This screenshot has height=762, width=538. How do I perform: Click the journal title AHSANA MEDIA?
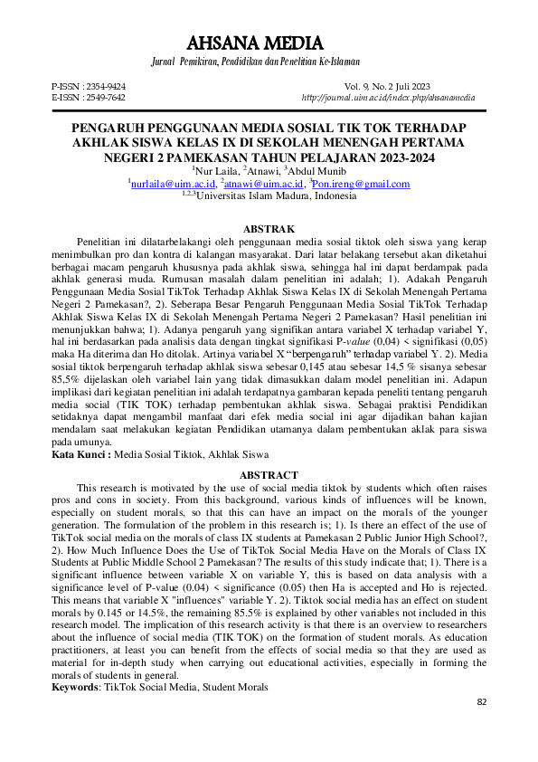(269, 42)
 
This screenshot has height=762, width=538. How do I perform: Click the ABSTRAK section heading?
(269, 230)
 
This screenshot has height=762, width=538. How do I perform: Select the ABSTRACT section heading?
(269, 475)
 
